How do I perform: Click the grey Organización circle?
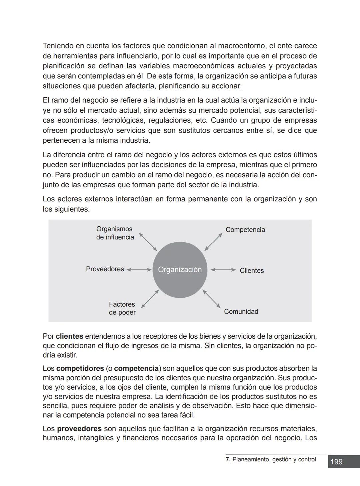180,270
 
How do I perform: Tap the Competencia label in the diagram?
245,230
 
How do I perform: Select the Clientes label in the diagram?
252,271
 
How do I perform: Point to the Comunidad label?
241,312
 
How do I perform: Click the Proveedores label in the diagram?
105,269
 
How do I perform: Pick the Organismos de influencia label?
115,233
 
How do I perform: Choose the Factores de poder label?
122,308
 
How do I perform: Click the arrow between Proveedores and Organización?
139,270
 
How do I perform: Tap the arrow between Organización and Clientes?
223,270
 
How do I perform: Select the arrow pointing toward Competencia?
213,242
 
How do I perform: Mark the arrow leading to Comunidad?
212,299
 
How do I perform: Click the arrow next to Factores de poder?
150,299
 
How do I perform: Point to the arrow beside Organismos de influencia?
148,242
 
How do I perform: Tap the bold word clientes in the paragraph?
69,336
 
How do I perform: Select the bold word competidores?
80,369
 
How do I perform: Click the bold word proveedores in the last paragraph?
79,429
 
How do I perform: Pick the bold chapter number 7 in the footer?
228,459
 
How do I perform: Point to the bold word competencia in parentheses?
136,369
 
